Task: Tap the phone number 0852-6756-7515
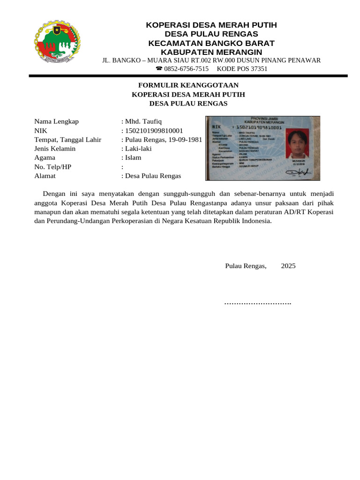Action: (x=186, y=68)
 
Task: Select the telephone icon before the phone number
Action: (x=159, y=68)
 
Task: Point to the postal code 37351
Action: (x=258, y=68)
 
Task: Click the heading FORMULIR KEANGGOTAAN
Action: (x=188, y=85)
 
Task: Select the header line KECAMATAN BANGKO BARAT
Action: (x=211, y=43)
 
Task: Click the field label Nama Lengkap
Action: (x=56, y=121)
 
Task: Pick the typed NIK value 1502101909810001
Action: (x=154, y=130)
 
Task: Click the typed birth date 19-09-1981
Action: (x=186, y=140)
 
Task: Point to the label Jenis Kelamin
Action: (x=55, y=149)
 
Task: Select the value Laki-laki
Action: (x=138, y=149)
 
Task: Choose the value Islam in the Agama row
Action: (x=133, y=157)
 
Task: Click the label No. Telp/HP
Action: (x=53, y=167)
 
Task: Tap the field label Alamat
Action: (x=45, y=176)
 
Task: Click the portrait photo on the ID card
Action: (x=297, y=144)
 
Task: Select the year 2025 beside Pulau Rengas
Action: (x=288, y=266)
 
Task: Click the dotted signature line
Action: (x=258, y=303)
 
